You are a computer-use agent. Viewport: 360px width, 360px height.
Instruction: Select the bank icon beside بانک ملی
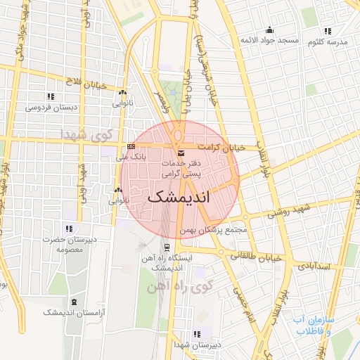[131, 146]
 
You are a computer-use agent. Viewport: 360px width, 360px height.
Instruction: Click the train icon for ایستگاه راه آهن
[167, 247]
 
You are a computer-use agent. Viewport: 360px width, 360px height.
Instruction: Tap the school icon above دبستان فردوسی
[50, 96]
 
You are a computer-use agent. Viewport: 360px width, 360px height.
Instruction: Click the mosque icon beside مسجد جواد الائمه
[269, 30]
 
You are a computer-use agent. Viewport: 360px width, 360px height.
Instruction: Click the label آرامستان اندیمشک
[72, 311]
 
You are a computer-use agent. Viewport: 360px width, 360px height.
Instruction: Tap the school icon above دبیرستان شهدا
[195, 334]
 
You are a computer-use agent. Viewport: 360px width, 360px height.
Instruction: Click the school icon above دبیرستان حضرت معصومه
[69, 229]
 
